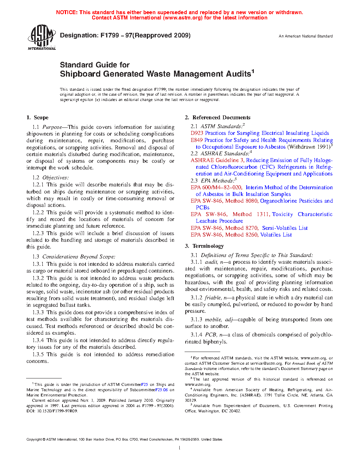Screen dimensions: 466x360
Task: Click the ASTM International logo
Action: [41, 37]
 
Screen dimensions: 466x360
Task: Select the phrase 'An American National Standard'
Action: [305, 36]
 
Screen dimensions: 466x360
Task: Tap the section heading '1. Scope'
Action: [37, 118]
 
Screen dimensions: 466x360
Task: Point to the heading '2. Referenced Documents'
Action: [217, 118]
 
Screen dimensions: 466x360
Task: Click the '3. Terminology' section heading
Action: [204, 246]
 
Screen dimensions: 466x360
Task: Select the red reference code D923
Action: [197, 133]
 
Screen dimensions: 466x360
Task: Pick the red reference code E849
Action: [197, 140]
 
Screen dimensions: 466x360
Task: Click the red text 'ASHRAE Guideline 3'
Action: [217, 160]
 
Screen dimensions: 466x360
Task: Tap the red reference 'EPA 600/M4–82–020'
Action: [216, 187]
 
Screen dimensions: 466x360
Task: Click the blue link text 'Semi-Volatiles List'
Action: [285, 228]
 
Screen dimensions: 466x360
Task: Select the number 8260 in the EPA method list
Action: [252, 235]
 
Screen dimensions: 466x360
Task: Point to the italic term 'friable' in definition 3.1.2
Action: [213, 298]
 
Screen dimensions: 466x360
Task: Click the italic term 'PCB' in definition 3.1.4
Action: [211, 335]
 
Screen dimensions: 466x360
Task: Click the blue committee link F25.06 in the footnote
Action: [162, 390]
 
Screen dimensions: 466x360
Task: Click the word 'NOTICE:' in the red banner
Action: [67, 12]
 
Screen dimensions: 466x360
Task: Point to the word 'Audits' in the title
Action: [235, 74]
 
